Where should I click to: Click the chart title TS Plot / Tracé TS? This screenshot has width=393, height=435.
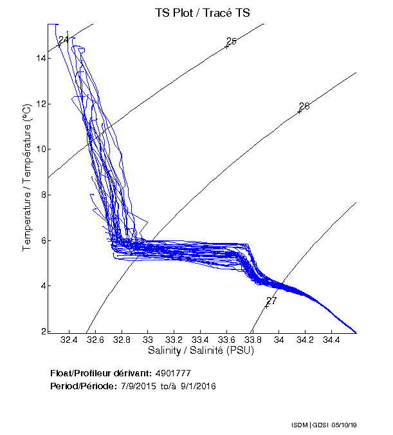point(202,12)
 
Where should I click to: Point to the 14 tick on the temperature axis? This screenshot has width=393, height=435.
point(41,58)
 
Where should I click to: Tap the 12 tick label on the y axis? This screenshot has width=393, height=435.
point(41,104)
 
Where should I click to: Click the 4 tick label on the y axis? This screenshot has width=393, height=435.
point(43,285)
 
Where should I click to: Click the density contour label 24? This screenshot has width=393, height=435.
point(63,40)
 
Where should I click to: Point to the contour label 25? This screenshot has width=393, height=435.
point(232,41)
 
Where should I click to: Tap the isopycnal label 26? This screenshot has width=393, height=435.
point(304,106)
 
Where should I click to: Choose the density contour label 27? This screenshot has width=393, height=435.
point(271,301)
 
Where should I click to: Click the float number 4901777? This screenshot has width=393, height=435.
point(173,373)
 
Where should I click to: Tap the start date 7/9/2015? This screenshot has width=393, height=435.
point(139,386)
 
